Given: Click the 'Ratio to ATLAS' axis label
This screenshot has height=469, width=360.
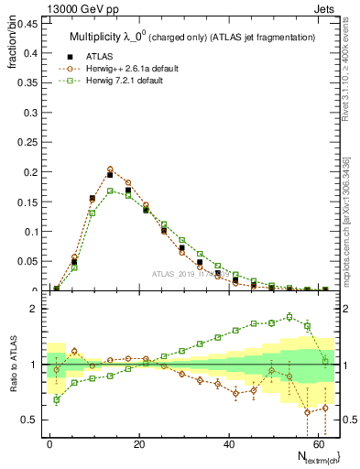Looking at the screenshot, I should tap(12, 364).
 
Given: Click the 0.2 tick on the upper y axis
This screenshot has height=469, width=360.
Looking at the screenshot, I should tap(31, 171).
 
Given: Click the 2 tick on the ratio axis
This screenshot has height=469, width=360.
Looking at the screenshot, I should tap(34, 309).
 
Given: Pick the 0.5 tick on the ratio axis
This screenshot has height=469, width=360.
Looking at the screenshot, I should tap(29, 420).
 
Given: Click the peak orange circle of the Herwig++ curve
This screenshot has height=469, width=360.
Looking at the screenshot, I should tap(110, 169).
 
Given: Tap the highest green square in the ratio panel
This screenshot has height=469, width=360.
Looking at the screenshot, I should tap(289, 317).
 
